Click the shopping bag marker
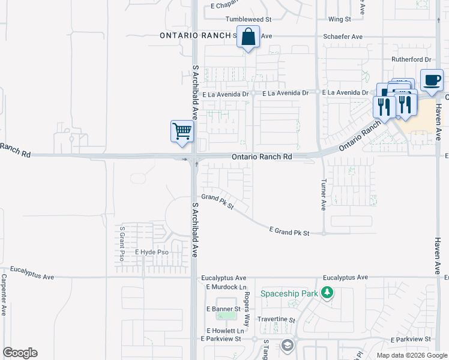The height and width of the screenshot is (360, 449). pyautogui.click(x=248, y=37)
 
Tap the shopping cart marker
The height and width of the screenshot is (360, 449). pyautogui.click(x=182, y=131)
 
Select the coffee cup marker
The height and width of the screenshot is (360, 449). pyautogui.click(x=432, y=80)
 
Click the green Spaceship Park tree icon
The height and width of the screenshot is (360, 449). pyautogui.click(x=327, y=293)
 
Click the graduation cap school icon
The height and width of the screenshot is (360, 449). pyautogui.click(x=288, y=345)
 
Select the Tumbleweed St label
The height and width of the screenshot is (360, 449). pyautogui.click(x=249, y=20)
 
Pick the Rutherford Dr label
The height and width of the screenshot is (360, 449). pyautogui.click(x=411, y=59)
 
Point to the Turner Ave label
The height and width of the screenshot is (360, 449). pyautogui.click(x=323, y=195)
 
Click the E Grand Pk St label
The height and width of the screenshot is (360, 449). pyautogui.click(x=289, y=232)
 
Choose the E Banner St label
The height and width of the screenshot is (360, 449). pyautogui.click(x=223, y=309)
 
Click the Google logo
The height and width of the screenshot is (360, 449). pyautogui.click(x=20, y=353)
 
